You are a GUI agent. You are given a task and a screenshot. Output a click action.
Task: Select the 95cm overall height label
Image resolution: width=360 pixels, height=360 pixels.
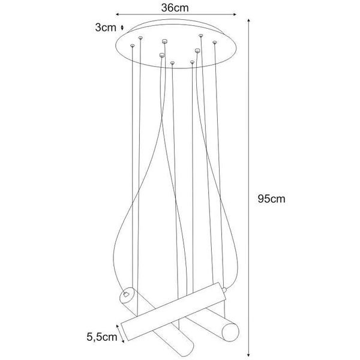click(x=271, y=200)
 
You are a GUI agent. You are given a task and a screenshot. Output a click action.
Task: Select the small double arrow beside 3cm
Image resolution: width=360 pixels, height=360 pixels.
click(x=122, y=27)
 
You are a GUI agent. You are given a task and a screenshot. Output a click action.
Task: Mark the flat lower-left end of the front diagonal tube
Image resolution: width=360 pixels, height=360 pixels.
click(x=125, y=331)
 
